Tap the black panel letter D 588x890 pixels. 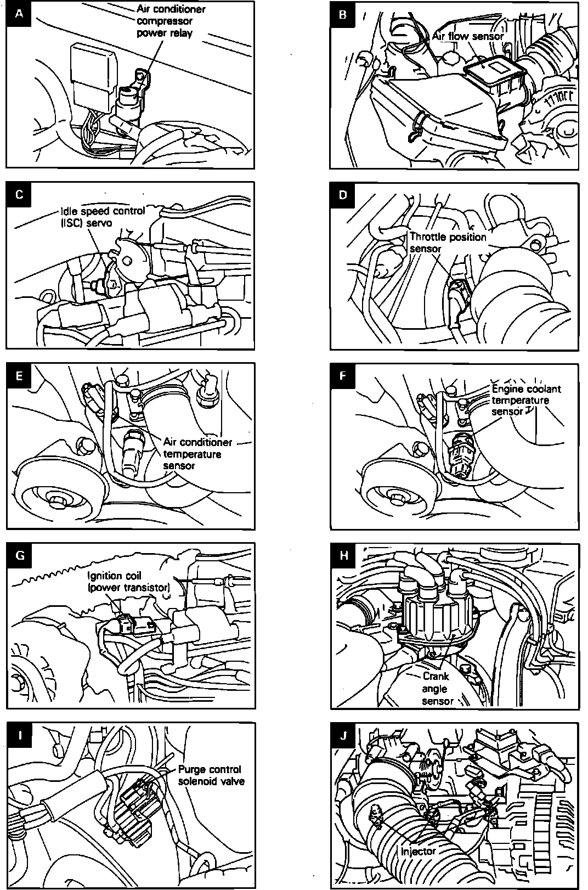(x=343, y=195)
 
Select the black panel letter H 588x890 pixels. (x=344, y=555)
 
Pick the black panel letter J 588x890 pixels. (x=344, y=736)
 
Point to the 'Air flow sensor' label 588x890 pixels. (x=467, y=36)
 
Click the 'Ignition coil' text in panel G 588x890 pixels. (x=114, y=576)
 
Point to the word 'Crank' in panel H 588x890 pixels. (x=436, y=677)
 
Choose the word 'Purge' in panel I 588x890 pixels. (x=191, y=769)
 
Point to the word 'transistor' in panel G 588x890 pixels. (x=144, y=588)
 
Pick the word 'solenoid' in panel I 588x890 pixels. (x=198, y=781)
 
